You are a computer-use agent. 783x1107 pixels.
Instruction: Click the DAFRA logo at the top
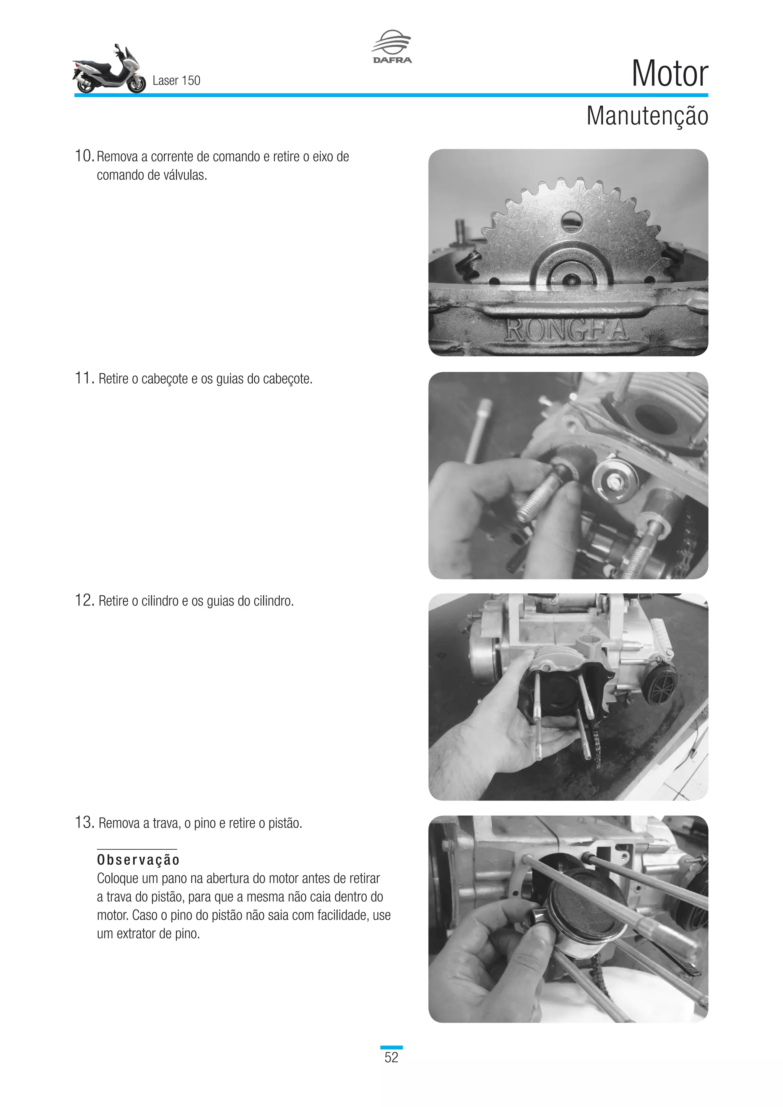391,47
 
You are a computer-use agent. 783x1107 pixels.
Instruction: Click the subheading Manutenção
647,116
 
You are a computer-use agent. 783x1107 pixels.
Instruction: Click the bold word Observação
138,860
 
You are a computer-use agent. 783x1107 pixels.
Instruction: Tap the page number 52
391,1057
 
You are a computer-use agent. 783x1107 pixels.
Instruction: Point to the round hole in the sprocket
572,222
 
